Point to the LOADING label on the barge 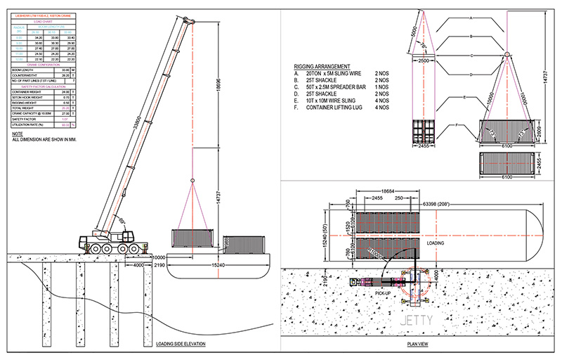coord(438,243)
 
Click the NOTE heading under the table coord(19,134)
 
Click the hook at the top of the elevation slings coord(192,183)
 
